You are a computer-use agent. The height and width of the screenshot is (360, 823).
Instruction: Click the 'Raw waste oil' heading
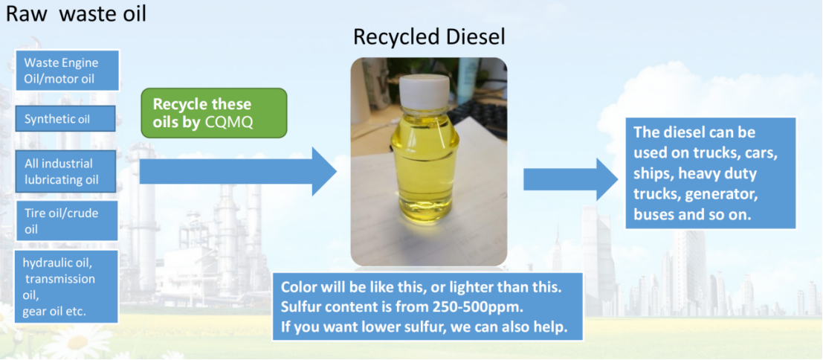[76, 14]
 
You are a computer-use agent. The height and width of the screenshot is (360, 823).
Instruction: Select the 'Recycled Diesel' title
[429, 37]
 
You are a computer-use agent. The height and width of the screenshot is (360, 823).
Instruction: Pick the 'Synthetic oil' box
[65, 118]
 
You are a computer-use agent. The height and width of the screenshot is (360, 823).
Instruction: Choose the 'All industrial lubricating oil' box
[65, 172]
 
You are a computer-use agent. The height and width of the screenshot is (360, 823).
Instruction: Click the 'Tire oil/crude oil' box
[67, 220]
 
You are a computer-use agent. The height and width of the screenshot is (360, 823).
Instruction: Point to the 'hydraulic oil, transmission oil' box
[67, 286]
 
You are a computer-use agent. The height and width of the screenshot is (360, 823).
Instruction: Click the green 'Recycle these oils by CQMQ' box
[214, 113]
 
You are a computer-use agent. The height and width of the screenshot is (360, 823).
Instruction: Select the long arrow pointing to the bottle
[238, 172]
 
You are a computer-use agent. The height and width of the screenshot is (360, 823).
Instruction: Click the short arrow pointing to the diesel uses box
[570, 179]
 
